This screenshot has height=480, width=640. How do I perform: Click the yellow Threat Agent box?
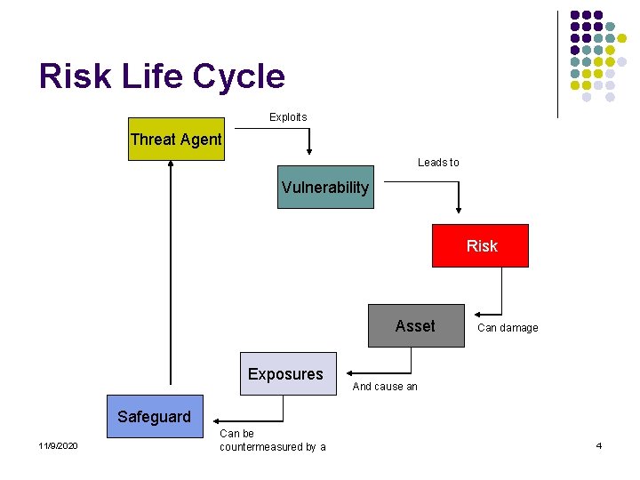pyautogui.click(x=176, y=140)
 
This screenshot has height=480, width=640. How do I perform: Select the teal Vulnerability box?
pyautogui.click(x=325, y=187)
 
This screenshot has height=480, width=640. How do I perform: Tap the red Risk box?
pyautogui.click(x=480, y=246)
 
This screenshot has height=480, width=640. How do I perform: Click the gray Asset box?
pyautogui.click(x=416, y=326)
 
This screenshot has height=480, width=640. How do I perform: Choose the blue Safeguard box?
pyautogui.click(x=155, y=417)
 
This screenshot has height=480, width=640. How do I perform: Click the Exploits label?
pyautogui.click(x=288, y=117)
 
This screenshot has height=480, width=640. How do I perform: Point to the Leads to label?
pyautogui.click(x=438, y=163)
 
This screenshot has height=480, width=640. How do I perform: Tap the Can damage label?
pyautogui.click(x=508, y=328)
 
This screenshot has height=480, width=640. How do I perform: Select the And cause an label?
pyautogui.click(x=385, y=387)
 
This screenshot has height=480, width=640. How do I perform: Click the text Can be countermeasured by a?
pyautogui.click(x=272, y=440)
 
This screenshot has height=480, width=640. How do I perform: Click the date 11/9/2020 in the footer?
pyautogui.click(x=58, y=445)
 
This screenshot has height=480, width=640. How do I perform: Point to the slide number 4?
pyautogui.click(x=599, y=445)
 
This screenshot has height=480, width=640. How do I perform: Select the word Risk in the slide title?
pyautogui.click(x=75, y=76)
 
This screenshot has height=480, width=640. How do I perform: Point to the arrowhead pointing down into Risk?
pyautogui.click(x=459, y=210)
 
